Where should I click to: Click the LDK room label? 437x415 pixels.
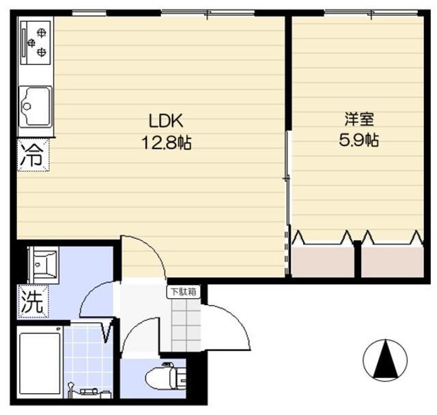tap(166, 121)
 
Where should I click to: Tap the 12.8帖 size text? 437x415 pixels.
tap(167, 143)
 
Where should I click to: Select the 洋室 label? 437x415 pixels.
tap(359, 119)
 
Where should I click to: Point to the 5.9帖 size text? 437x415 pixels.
tap(358, 140)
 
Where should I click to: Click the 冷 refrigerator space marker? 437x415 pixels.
tap(33, 156)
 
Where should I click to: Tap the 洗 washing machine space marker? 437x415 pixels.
tap(33, 302)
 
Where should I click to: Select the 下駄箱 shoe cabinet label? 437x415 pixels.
tap(184, 291)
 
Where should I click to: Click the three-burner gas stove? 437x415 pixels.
tap(36, 42)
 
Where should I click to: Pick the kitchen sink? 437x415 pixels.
tap(36, 106)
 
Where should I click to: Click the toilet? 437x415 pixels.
tap(165, 377)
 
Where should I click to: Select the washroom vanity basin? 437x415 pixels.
tap(44, 264)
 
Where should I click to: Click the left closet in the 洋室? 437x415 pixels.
tap(323, 261)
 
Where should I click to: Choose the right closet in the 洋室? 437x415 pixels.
tap(393, 261)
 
